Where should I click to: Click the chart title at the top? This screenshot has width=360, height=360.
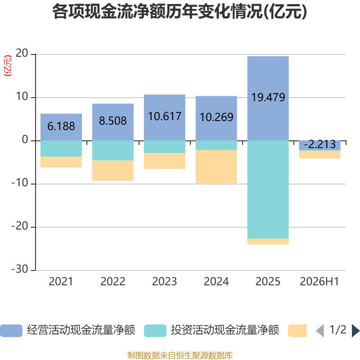tap(180, 12)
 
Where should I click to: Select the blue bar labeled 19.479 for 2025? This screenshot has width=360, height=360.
tap(268, 98)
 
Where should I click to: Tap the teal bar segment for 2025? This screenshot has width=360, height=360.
tap(268, 189)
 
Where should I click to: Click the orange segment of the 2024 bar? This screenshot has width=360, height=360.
tap(216, 167)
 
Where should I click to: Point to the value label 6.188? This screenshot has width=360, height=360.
tap(61, 126)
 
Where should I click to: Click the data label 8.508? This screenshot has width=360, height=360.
tap(113, 121)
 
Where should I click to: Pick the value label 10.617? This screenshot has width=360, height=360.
tap(165, 116)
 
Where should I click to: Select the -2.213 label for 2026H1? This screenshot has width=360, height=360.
tap(319, 144)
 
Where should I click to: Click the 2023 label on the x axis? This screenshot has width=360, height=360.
tap(165, 282)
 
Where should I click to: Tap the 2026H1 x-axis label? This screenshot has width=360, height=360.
tap(319, 282)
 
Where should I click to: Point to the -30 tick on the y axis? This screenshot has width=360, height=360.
tap(20, 269)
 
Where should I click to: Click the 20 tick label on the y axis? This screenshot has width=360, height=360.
tap(22, 53)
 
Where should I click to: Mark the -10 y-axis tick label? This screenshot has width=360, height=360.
tap(20, 183)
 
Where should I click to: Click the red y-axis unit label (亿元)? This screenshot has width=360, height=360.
tap(8, 66)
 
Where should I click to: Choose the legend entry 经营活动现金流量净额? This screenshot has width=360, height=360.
tap(67, 330)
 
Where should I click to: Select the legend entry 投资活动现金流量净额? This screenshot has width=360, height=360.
tap(211, 330)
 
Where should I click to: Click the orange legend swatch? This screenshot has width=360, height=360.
tap(297, 331)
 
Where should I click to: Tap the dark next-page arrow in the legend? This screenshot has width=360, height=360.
tap(355, 331)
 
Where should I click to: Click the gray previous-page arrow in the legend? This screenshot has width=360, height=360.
tap(320, 331)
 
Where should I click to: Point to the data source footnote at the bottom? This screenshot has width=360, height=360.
tap(180, 355)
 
